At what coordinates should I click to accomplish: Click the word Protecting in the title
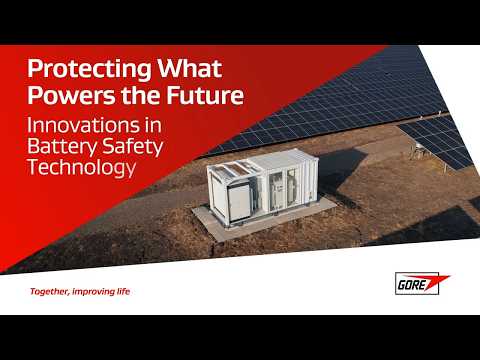(x=81, y=70)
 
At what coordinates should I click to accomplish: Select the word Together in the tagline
(x=50, y=292)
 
